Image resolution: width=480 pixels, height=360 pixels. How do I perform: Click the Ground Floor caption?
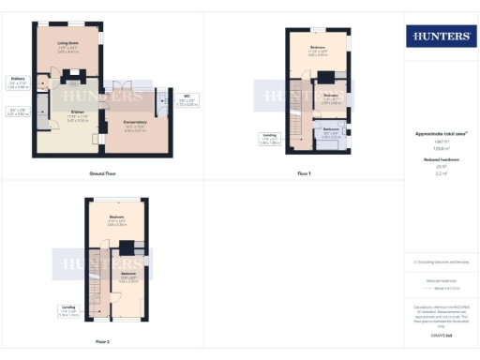[101, 173]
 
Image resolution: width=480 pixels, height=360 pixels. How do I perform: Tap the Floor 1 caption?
[303, 173]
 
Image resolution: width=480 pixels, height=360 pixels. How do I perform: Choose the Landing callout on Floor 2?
[69, 308]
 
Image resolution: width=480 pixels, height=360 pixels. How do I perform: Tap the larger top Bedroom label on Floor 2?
[115, 221]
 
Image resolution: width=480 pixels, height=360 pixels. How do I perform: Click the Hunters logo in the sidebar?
[440, 36]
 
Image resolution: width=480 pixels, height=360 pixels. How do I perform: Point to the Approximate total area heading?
[440, 134]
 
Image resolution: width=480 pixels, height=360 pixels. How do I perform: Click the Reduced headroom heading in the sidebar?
[440, 160]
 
